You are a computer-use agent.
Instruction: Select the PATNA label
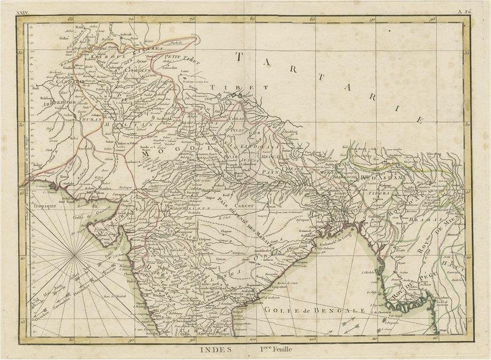pyautogui.click(x=272, y=172)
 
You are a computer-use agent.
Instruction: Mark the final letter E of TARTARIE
pyautogui.click(x=419, y=120)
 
